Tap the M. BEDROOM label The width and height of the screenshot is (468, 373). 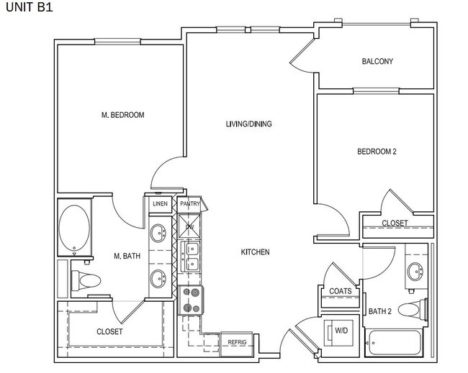coord(122,115)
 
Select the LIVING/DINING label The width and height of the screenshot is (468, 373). coord(248,124)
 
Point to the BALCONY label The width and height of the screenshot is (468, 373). coord(377,62)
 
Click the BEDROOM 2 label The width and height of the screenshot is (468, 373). coord(377,152)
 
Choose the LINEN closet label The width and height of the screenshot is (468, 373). coord(160,204)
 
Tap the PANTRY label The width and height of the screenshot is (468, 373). coord(189,204)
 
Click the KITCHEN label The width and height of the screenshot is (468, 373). coord(255,252)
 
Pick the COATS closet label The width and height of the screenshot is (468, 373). coord(341,291)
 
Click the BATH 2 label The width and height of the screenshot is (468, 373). coord(380,311)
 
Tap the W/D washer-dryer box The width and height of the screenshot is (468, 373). coord(341,331)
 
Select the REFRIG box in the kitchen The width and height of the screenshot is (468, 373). coord(237,342)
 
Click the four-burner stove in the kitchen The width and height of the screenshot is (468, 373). coord(191,300)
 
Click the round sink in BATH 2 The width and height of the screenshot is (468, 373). coord(415,272)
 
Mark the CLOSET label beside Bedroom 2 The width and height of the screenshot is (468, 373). coord(395,224)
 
